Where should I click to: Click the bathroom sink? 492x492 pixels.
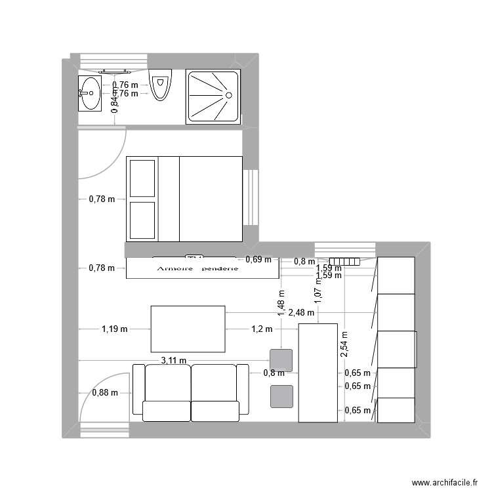(90, 93)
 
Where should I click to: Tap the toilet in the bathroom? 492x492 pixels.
(159, 86)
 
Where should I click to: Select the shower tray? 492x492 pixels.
(213, 96)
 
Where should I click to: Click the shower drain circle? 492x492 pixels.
(230, 95)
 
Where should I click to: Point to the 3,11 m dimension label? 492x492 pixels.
(173, 360)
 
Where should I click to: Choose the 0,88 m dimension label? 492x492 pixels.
(104, 393)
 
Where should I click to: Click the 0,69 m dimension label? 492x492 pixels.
(258, 260)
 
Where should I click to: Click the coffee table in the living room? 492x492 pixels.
(188, 329)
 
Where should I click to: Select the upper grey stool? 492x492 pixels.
(281, 360)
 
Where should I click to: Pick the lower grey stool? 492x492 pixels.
(281, 396)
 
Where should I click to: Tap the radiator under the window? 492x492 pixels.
(344, 261)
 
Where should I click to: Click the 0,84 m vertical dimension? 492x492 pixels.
(114, 102)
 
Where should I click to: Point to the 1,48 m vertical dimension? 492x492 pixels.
(281, 304)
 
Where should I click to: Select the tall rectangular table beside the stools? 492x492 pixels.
(318, 373)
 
